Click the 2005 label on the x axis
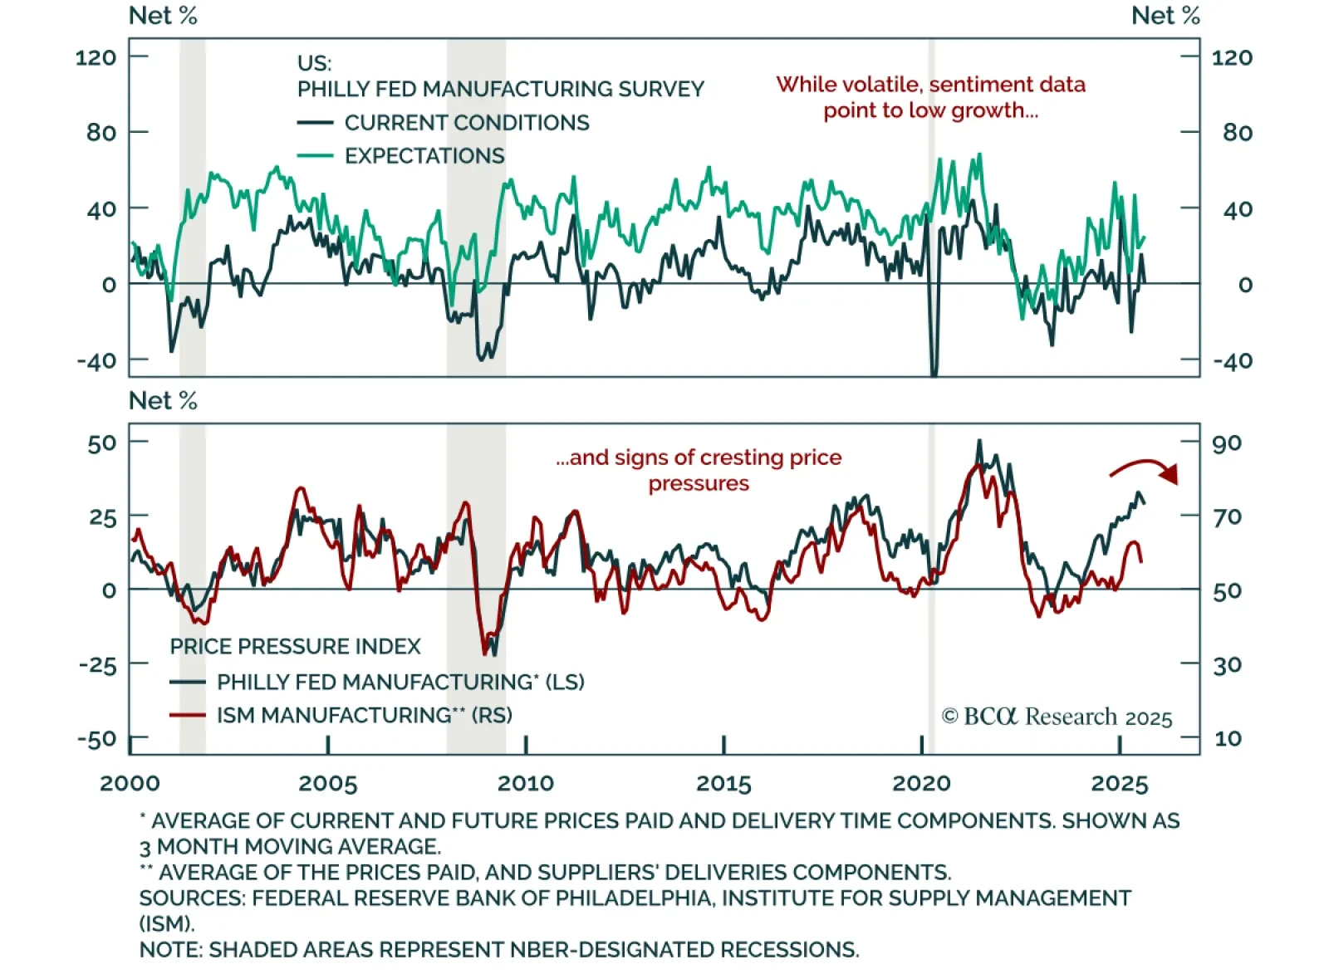[327, 783]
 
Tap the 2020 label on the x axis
[921, 783]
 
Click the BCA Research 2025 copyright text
[1057, 717]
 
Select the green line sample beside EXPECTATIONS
[315, 156]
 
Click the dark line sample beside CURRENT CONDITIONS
[315, 123]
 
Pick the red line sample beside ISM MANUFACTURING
[187, 715]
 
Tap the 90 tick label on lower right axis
[1227, 443]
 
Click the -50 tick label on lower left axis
[97, 738]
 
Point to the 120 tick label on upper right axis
[1232, 57]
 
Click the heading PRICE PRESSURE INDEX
[295, 646]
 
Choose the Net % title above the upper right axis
[1165, 16]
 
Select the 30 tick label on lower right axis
[1227, 664]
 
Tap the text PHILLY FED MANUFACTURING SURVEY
[500, 89]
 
